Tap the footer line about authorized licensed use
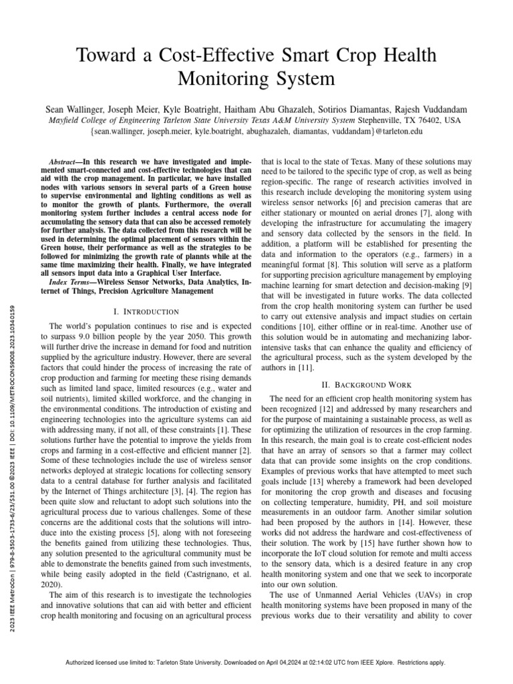coord(256,663)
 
